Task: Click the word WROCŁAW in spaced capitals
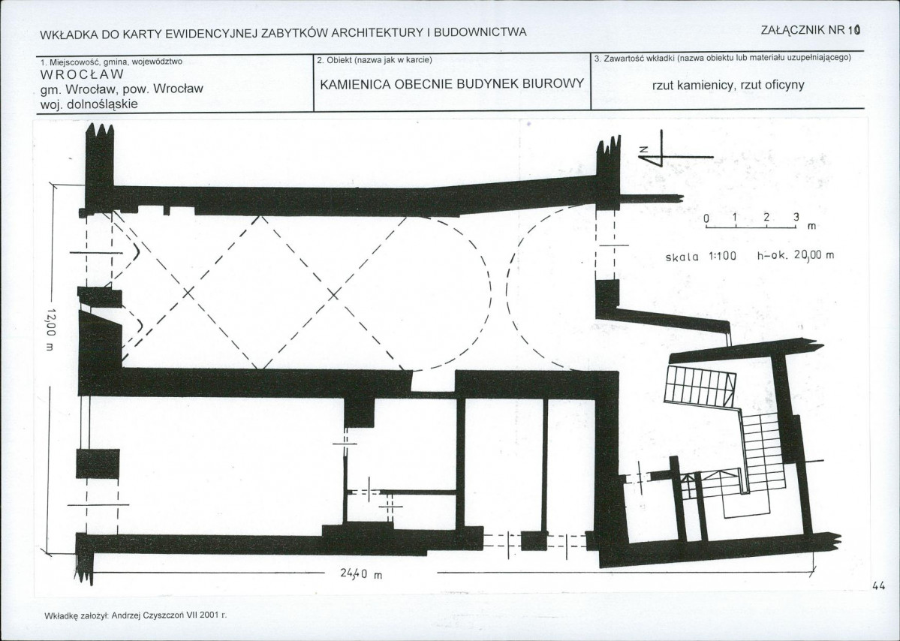point(82,74)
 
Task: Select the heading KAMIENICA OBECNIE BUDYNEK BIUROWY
point(452,84)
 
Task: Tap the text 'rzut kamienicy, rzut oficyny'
point(728,86)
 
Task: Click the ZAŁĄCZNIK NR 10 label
point(811,31)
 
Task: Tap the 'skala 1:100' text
point(700,256)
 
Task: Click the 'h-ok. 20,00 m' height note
point(796,255)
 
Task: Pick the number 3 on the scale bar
point(796,218)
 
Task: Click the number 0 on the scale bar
point(706,218)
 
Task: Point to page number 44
point(878,586)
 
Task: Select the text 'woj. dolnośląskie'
point(89,104)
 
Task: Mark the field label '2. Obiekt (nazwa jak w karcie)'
point(375,60)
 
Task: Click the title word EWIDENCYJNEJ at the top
point(211,33)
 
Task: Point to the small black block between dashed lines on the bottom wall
point(533,540)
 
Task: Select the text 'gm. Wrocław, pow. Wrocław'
point(122,89)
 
